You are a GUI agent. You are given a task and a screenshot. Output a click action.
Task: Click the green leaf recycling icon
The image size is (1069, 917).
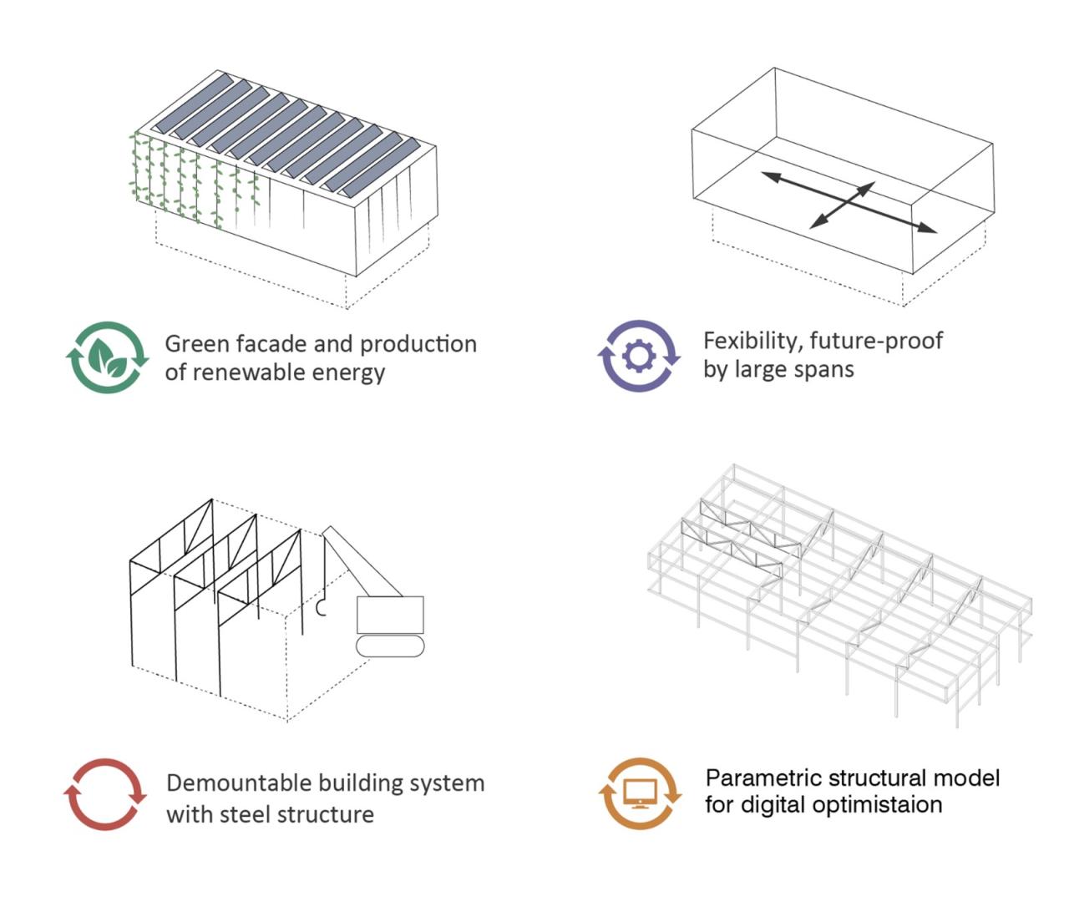click(x=107, y=357)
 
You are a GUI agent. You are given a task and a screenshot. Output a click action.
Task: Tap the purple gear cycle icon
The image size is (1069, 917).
click(x=639, y=356)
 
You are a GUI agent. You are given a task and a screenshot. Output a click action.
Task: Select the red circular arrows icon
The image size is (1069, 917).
click(x=105, y=794)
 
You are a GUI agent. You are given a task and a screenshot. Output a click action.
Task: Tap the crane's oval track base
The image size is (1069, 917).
click(x=390, y=646)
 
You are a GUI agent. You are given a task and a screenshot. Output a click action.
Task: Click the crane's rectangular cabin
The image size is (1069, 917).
click(x=390, y=615)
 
